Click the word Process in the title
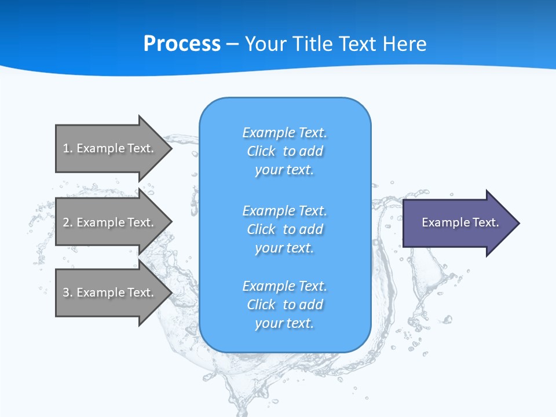182,44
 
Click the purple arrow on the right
458,223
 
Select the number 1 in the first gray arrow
66,148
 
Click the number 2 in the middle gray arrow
66,222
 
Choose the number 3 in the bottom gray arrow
66,292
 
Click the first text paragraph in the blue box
285,151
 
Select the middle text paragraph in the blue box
285,229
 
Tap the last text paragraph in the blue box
285,305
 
